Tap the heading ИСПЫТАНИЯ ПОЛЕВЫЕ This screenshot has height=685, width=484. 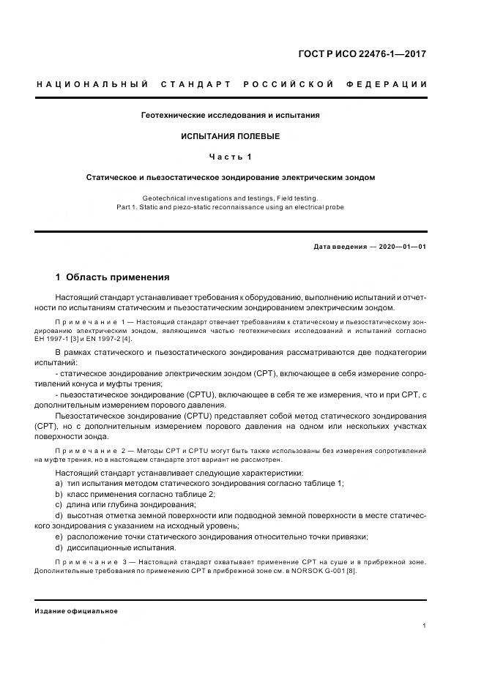click(231, 136)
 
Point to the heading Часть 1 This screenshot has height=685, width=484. click(231, 157)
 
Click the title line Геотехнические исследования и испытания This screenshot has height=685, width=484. click(231, 116)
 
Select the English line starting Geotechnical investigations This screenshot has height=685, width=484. click(231, 198)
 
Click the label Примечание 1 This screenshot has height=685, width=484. click(92, 322)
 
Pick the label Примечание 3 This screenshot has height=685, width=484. click(92, 561)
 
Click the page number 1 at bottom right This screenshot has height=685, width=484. click(425, 626)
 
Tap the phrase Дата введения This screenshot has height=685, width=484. click(340, 247)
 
